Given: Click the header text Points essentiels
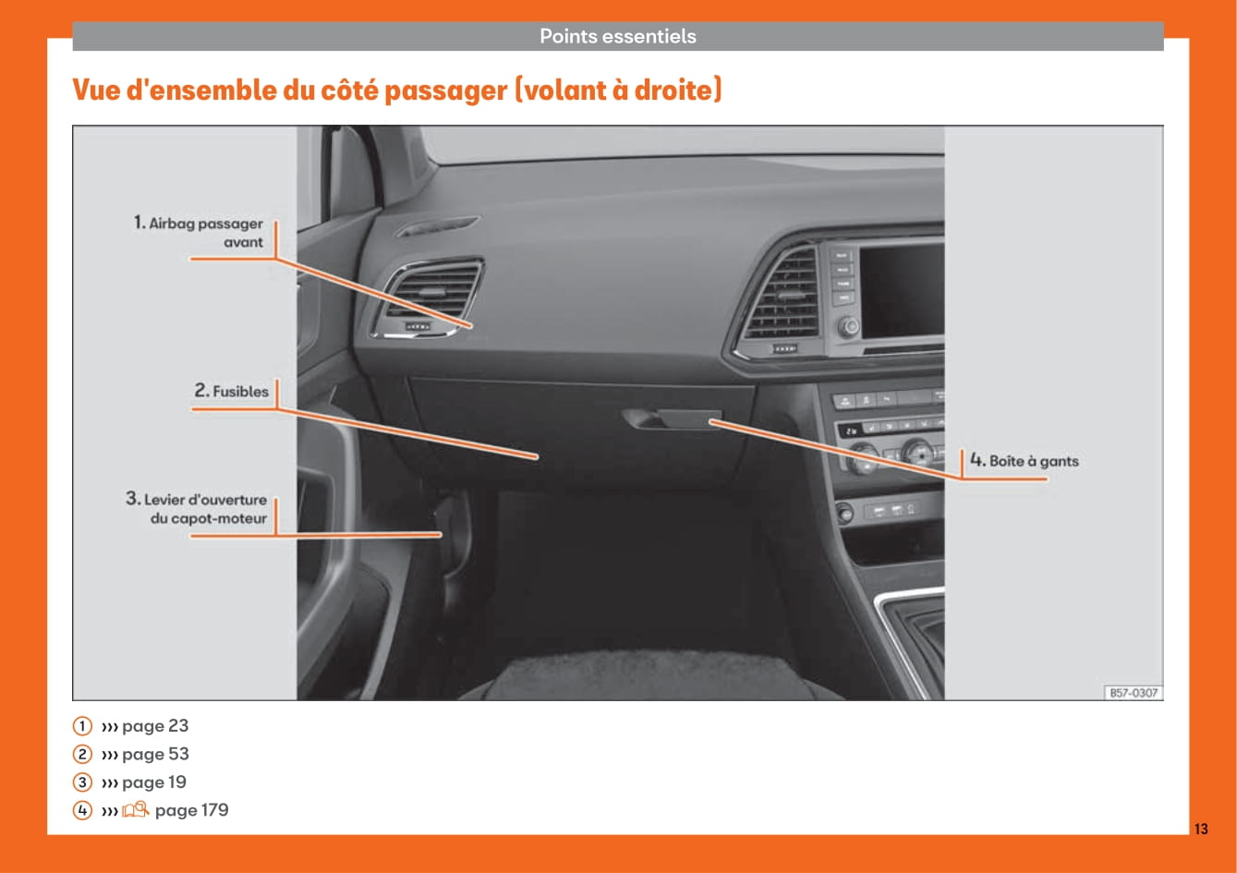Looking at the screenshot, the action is click(x=617, y=36).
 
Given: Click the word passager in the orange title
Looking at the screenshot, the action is click(x=445, y=91).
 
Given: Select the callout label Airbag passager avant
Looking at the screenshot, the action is click(x=199, y=233).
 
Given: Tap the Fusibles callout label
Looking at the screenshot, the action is click(x=231, y=391).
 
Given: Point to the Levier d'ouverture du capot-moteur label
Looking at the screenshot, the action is click(x=197, y=508).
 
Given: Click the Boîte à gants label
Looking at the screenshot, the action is click(x=1025, y=461).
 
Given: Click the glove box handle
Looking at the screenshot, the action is click(x=672, y=418).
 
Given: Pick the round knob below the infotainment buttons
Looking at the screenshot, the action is click(x=849, y=326).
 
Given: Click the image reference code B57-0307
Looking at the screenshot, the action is click(x=1134, y=693).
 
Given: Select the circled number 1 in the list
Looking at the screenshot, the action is click(x=82, y=725).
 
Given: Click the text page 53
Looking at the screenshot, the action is click(x=155, y=754).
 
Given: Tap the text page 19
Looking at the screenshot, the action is click(x=154, y=782).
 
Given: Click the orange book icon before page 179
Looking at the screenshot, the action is click(x=135, y=810).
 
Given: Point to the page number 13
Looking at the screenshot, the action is click(x=1201, y=829).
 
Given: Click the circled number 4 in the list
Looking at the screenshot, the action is click(x=82, y=810).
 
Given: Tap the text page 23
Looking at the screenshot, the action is click(x=155, y=726).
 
